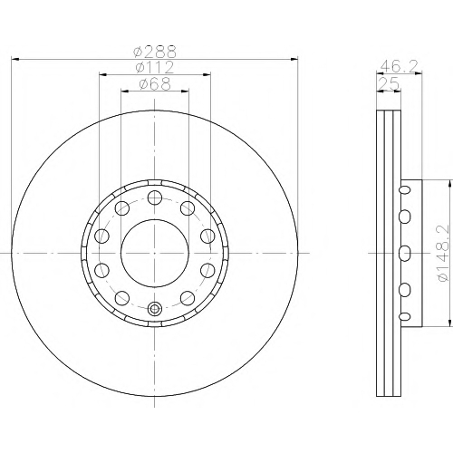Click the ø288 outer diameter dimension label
click(x=155, y=52)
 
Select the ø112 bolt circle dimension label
click(x=155, y=67)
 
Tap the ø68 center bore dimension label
click(x=155, y=84)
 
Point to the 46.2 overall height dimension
click(x=399, y=65)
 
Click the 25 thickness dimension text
click(x=390, y=83)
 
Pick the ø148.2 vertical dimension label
click(x=443, y=253)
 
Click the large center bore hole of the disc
click(x=155, y=253)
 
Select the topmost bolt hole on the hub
click(x=155, y=198)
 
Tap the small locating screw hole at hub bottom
click(x=155, y=308)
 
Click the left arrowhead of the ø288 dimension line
click(x=15, y=59)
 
